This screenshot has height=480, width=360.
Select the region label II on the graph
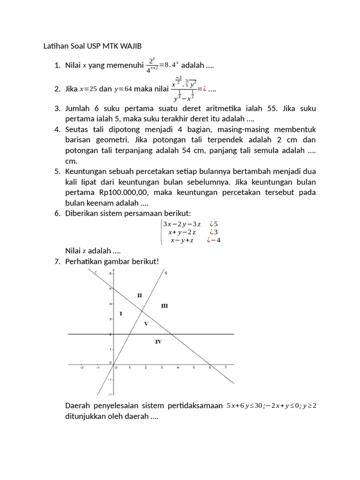[139, 295]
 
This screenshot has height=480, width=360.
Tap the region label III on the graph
[164, 306]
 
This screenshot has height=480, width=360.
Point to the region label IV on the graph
[158, 342]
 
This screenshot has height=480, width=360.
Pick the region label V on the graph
[146, 323]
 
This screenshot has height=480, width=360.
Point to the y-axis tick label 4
[111, 303]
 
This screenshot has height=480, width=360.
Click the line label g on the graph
[166, 273]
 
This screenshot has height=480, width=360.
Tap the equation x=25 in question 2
[88, 89]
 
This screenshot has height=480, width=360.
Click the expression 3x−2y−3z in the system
[181, 224]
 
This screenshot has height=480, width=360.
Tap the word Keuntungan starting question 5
[86, 172]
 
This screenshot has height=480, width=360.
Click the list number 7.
[57, 261]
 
